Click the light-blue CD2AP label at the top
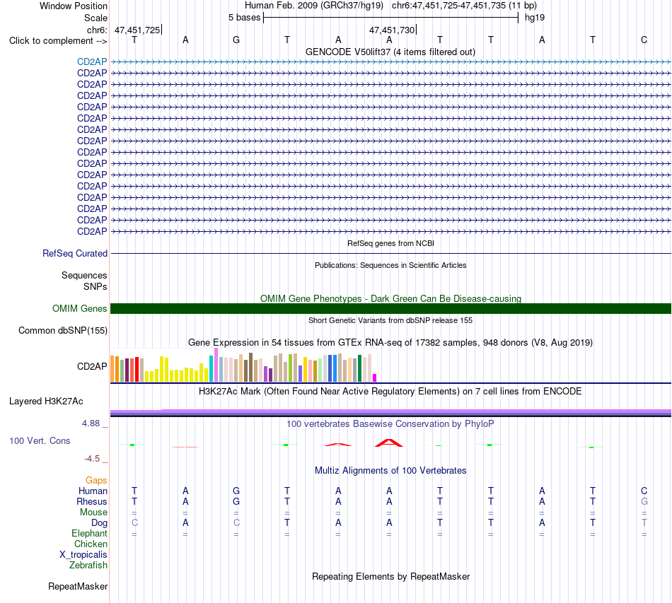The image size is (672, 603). [92, 62]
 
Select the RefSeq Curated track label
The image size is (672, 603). [75, 254]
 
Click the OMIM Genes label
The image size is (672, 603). [80, 308]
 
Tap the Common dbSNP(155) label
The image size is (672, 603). [63, 331]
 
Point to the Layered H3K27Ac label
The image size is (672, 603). [46, 402]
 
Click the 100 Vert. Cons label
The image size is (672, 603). [40, 440]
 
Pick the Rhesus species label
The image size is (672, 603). [92, 501]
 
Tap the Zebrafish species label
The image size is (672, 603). [88, 566]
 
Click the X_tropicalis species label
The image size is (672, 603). [83, 555]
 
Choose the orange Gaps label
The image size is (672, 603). [96, 481]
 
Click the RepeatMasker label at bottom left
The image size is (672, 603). [78, 586]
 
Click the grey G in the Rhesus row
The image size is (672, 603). [644, 501]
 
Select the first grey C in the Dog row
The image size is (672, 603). [134, 522]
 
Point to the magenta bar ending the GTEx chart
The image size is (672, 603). [375, 377]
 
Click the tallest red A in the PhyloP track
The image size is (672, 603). [389, 443]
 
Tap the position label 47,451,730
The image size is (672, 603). [392, 30]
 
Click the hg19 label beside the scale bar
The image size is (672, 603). [535, 18]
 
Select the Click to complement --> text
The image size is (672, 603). [58, 41]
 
